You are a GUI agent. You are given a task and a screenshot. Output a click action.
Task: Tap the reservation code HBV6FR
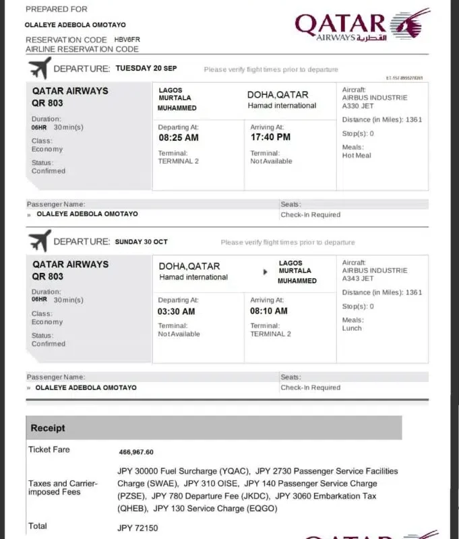coord(127,40)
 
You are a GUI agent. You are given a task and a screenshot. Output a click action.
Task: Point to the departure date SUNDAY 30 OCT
coord(142,242)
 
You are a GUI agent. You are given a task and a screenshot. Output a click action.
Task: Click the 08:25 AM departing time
coord(178,137)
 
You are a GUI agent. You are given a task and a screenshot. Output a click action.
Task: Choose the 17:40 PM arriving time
coord(270,137)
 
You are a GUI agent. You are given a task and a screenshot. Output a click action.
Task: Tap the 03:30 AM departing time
coord(177,311)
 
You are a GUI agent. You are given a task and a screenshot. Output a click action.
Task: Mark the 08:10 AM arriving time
coord(269,311)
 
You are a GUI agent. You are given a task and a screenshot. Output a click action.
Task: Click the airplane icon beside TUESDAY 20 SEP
coord(39,68)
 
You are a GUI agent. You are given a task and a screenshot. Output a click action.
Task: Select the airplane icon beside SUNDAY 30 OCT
coord(39,241)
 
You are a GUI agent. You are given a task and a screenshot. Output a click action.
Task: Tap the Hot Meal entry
coord(357,156)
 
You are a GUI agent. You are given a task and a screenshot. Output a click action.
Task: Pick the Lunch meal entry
coord(353,329)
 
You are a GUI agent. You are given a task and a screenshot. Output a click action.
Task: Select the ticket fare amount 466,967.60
coord(136,452)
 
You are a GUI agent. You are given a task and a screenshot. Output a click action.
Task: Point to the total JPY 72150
coord(138,528)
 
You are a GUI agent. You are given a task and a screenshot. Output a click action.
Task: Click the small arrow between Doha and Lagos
coord(265,273)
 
